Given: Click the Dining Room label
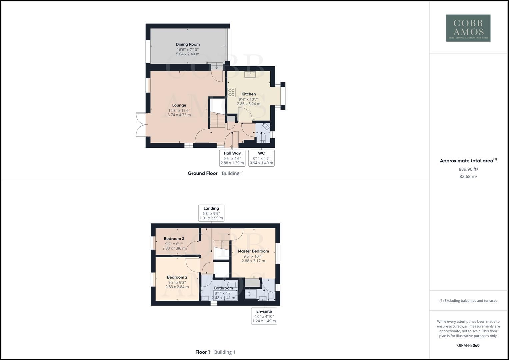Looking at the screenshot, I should (188, 44).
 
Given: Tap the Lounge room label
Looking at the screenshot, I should (179, 105).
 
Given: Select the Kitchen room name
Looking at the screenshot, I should (249, 94).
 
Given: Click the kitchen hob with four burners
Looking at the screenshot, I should (232, 92).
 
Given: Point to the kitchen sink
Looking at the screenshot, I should (249, 74).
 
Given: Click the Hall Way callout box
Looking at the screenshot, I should (232, 158).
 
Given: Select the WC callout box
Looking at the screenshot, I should (261, 158).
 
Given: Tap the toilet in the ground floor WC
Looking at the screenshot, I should (262, 137).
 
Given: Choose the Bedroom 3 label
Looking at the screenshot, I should (174, 239).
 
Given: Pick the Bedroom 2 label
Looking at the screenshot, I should (177, 277).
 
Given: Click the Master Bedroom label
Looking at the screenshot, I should (253, 251).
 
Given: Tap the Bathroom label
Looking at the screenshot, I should (223, 288).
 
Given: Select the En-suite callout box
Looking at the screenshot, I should (264, 316).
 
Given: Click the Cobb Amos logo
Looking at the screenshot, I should (468, 28).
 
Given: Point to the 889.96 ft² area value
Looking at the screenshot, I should (468, 169).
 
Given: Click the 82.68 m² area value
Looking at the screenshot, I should (468, 176).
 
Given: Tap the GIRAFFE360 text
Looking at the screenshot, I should (468, 345).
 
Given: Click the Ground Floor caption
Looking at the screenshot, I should (202, 173).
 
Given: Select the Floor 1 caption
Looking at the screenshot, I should (203, 352).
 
